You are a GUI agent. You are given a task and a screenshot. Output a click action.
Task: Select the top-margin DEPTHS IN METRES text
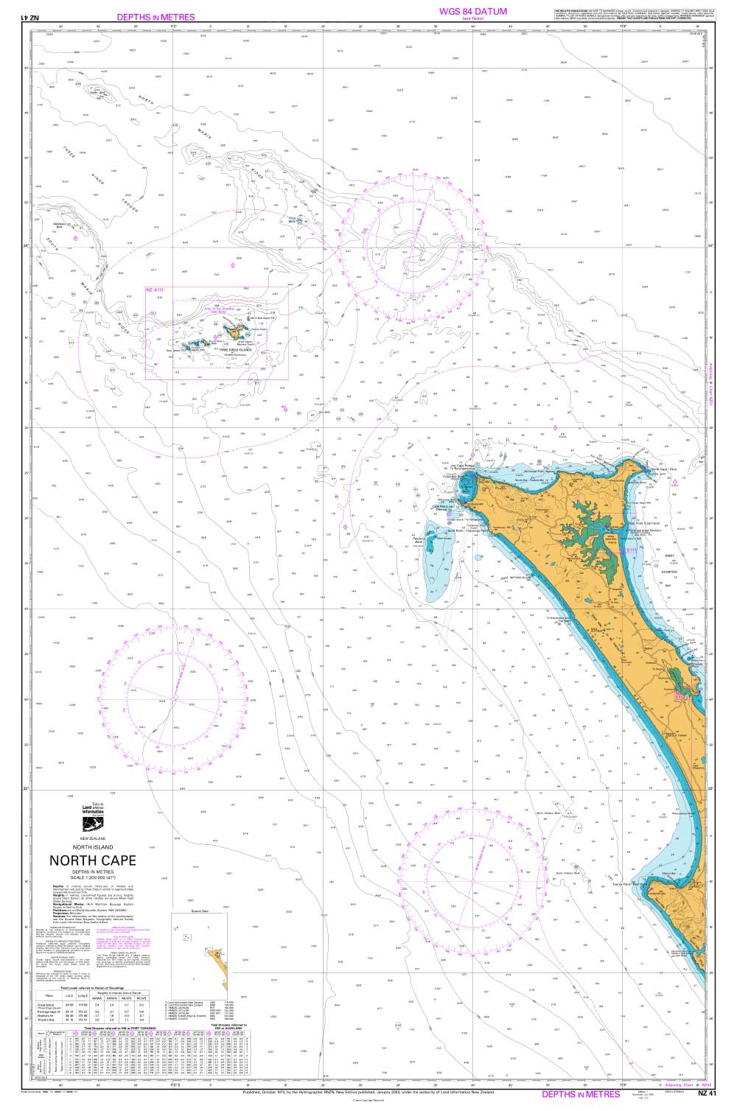[156, 17]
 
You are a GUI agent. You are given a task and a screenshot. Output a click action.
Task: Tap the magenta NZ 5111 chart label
[627, 550]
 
